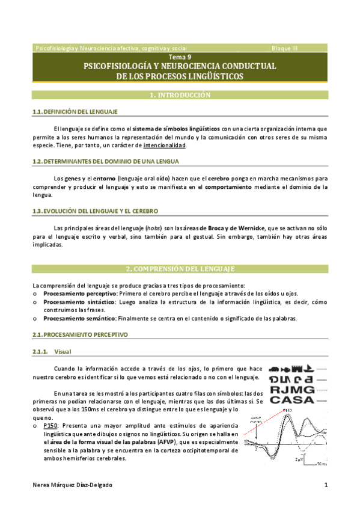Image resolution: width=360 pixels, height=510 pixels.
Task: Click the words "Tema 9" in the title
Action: click(x=180, y=57)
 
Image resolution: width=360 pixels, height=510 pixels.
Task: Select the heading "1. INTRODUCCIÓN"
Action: click(x=180, y=95)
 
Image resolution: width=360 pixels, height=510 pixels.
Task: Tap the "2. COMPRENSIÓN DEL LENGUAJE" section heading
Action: click(x=180, y=268)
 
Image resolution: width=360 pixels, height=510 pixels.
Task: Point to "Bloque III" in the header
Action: click(x=284, y=48)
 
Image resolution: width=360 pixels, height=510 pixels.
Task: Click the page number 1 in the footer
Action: click(x=325, y=485)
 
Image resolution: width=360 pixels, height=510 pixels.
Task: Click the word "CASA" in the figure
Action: click(x=293, y=399)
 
